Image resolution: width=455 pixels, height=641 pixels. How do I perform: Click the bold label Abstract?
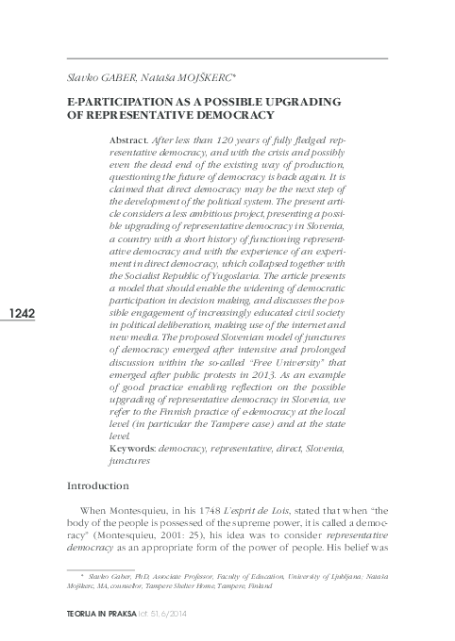coord(131,139)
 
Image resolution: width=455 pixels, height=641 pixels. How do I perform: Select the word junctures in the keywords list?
coord(129,462)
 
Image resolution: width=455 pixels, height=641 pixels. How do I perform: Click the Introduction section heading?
coord(97,485)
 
